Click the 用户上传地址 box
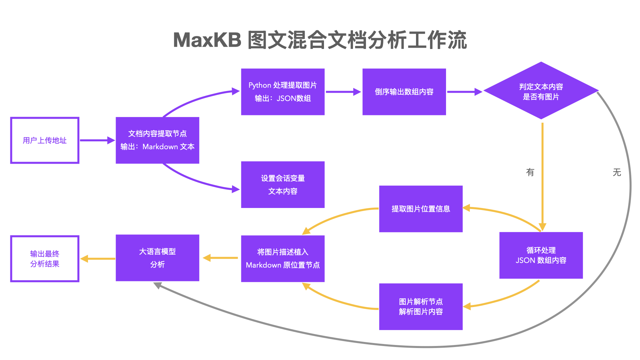pyautogui.click(x=45, y=140)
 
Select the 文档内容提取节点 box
pyautogui.click(x=157, y=140)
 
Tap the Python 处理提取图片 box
pyautogui.click(x=283, y=92)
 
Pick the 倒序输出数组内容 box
pyautogui.click(x=404, y=92)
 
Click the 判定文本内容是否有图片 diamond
pyautogui.click(x=541, y=91)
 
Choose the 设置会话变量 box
pyautogui.click(x=283, y=185)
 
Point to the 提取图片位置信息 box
pyautogui.click(x=421, y=209)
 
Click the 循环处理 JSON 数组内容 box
pyautogui.click(x=541, y=255)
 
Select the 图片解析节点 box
pyautogui.click(x=421, y=307)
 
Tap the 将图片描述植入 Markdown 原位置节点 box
pyautogui.click(x=283, y=259)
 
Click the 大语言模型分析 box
pyautogui.click(x=157, y=258)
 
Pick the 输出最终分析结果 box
pyautogui.click(x=45, y=259)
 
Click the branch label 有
pyautogui.click(x=530, y=172)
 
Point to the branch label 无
pyautogui.click(x=617, y=172)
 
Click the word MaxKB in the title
pyautogui.click(x=207, y=40)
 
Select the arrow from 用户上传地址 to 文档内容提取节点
pyautogui.click(x=97, y=140)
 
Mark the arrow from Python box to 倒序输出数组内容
pyautogui.click(x=343, y=92)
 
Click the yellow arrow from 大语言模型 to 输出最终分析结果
pyautogui.click(x=98, y=259)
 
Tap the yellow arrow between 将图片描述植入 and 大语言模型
pyautogui.click(x=220, y=258)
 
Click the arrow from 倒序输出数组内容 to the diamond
pyautogui.click(x=464, y=92)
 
